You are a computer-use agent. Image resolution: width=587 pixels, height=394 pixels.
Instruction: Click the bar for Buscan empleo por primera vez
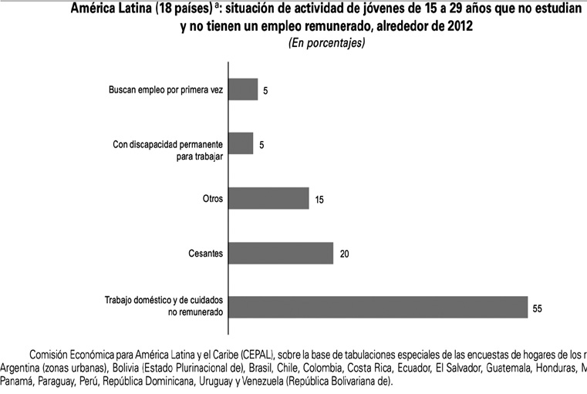(244, 89)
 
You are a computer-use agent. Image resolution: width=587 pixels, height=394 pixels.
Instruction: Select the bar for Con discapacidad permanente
(241, 143)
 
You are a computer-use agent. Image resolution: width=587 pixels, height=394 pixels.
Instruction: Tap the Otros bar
(269, 198)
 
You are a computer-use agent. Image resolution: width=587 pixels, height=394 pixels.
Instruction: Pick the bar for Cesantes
(282, 253)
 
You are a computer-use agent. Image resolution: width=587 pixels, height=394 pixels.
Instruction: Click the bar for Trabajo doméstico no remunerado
(379, 307)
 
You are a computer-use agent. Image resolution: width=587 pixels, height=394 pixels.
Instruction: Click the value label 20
(345, 254)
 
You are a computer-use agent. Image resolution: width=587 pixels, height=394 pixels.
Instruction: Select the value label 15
(319, 200)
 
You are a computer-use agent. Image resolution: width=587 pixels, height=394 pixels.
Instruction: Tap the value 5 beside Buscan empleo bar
(265, 91)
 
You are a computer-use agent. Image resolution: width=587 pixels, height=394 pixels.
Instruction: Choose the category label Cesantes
(205, 253)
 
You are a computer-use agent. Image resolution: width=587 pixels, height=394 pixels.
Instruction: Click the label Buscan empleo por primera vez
(166, 90)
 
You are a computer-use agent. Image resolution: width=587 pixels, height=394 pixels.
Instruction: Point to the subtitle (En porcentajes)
(326, 43)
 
